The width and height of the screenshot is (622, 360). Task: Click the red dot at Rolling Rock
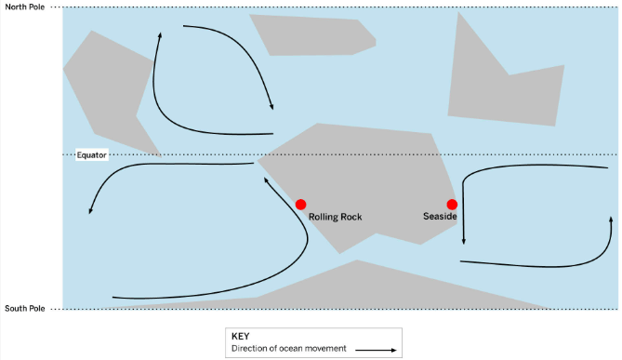click(x=300, y=205)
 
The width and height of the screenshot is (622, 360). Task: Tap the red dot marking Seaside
click(x=452, y=205)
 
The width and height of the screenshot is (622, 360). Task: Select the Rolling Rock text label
click(x=336, y=217)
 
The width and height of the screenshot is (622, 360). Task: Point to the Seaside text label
click(x=440, y=217)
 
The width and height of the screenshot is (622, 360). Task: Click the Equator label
click(x=91, y=155)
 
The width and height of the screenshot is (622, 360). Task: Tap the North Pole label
click(x=24, y=7)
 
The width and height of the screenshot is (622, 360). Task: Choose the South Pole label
click(x=24, y=309)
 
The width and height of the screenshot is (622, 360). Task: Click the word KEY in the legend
click(x=241, y=336)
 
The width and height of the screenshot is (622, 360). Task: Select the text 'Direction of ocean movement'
click(x=289, y=349)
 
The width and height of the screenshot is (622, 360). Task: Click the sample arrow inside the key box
click(x=376, y=350)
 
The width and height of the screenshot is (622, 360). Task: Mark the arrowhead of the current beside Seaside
click(x=463, y=241)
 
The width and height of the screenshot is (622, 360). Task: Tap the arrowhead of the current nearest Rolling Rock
click(x=266, y=180)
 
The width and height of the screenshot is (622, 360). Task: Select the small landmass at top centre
click(x=313, y=35)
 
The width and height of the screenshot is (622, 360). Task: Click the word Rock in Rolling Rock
click(x=351, y=217)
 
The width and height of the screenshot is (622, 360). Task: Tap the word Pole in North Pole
click(x=36, y=7)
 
